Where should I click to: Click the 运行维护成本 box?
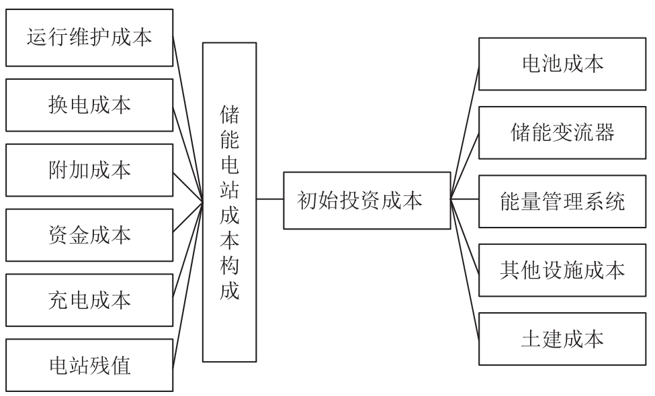tap(89, 36)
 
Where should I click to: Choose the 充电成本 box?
tap(89, 299)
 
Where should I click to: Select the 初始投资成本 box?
tap(366, 199)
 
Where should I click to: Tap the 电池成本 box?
tap(562, 64)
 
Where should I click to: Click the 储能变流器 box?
tap(562, 132)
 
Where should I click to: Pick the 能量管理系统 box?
tap(562, 201)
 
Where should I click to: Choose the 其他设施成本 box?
tap(562, 269)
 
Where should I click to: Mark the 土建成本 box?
tap(562, 338)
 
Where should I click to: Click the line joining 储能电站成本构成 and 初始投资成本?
tap(269, 199)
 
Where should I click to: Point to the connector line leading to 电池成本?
tap(464, 132)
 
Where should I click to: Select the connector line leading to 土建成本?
tap(464, 268)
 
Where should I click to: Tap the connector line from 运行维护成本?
tap(187, 117)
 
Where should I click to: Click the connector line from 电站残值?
tap(187, 282)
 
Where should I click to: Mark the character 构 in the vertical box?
tap(229, 268)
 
